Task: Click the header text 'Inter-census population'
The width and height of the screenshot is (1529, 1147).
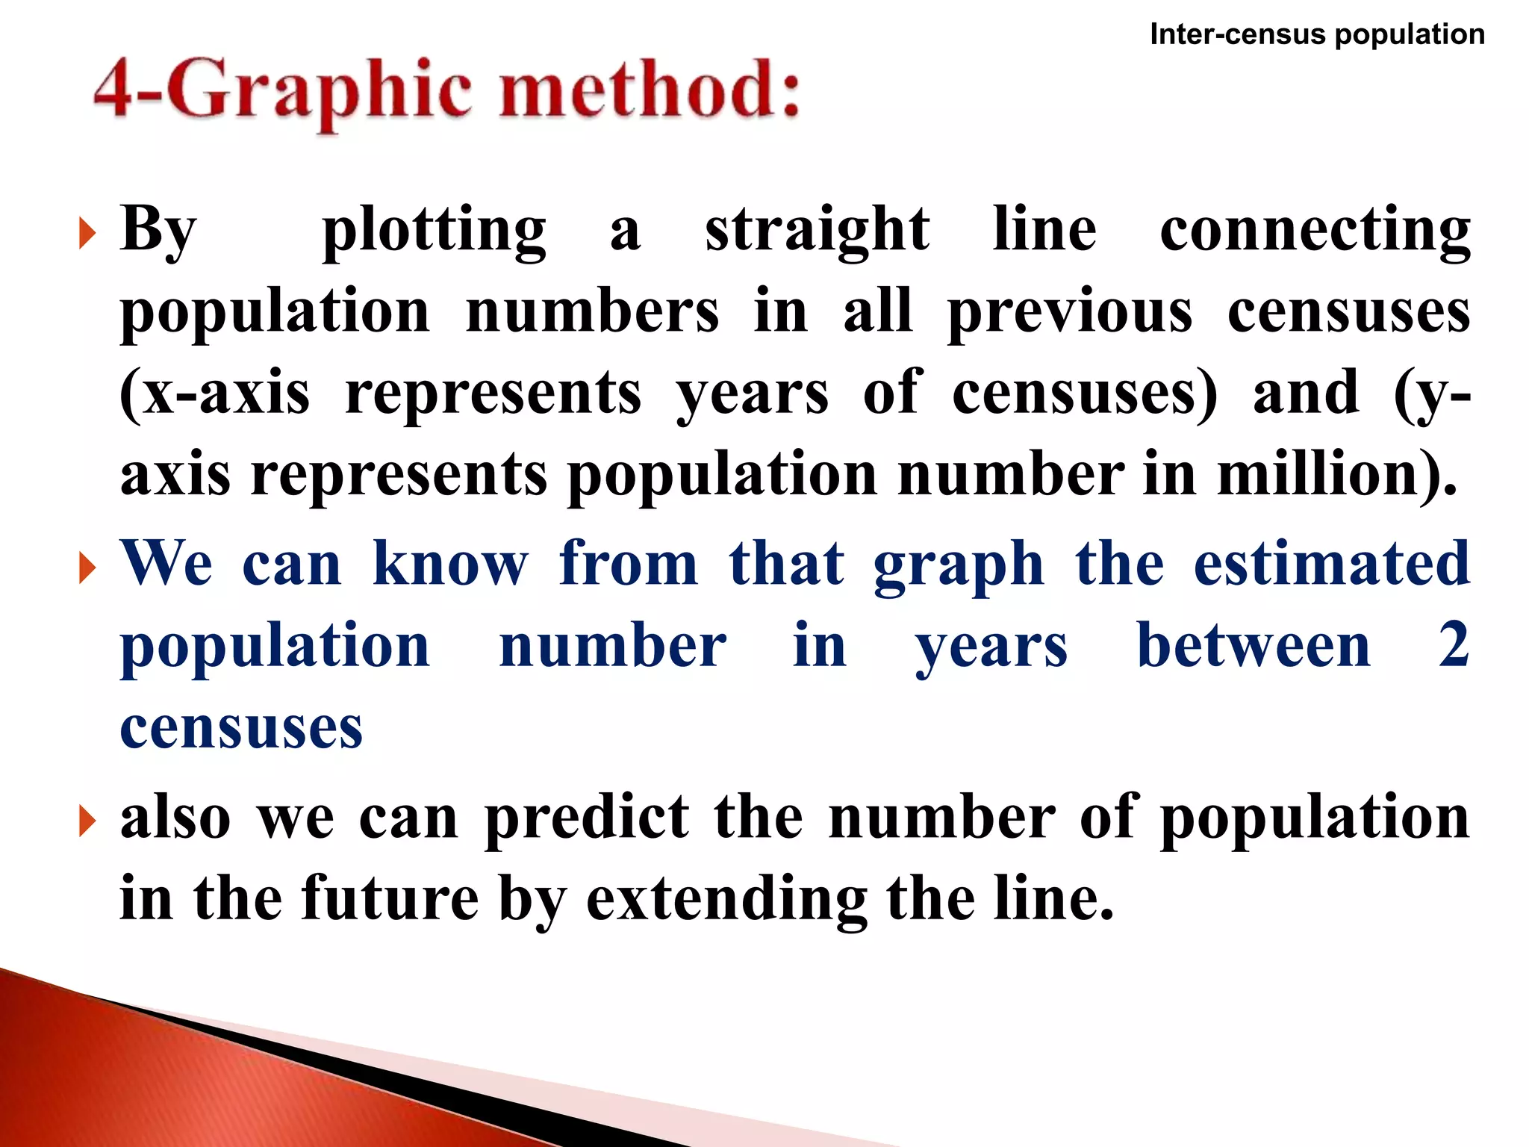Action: [x=1317, y=34]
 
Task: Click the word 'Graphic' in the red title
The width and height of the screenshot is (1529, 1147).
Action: [x=317, y=93]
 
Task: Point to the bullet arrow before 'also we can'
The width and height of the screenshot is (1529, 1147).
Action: [x=87, y=821]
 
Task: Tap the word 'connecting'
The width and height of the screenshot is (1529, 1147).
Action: [x=1315, y=231]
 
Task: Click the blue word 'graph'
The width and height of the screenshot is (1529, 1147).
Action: [x=959, y=566]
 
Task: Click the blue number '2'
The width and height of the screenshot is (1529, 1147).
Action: [x=1454, y=645]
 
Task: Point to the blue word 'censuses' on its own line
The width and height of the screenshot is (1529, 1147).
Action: [x=241, y=727]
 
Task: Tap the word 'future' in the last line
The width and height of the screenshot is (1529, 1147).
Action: [x=390, y=898]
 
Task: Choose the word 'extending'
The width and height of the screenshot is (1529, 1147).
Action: [x=726, y=900]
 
